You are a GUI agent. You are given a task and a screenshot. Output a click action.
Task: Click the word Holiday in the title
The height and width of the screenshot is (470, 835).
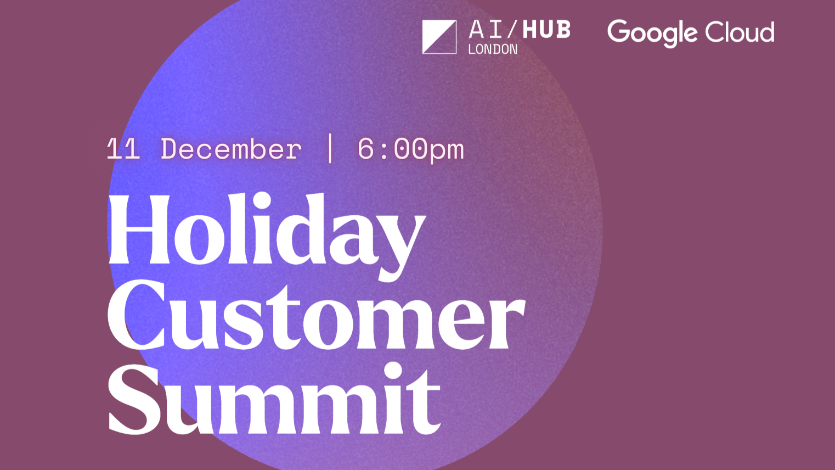[x=266, y=231]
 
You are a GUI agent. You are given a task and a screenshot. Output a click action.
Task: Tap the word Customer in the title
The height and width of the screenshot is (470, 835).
[x=315, y=316]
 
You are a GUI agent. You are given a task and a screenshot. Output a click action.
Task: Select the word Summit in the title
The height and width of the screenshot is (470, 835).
[x=274, y=400]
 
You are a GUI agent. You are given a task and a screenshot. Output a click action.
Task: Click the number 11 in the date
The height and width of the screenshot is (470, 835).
[x=123, y=149]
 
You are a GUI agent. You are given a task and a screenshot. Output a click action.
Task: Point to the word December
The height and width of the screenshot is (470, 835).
[x=231, y=149]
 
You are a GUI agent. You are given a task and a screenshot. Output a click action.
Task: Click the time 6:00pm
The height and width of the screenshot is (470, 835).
[x=410, y=149]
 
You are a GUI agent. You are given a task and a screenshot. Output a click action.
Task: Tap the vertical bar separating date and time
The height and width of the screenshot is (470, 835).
[x=330, y=148]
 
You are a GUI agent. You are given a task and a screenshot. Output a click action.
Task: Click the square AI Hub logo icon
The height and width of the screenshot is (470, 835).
[x=439, y=37]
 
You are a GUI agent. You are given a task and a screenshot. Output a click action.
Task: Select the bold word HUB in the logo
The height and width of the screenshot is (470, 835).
[x=546, y=30]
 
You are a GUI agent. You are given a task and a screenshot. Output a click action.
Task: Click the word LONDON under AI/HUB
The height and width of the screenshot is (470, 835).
[x=493, y=49]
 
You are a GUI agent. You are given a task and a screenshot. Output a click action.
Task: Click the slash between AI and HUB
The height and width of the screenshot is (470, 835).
[x=512, y=30]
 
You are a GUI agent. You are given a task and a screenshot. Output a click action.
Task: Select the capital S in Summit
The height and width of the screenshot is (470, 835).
[x=132, y=400]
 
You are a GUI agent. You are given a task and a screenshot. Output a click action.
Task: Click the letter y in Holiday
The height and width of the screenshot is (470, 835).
[x=398, y=242]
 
